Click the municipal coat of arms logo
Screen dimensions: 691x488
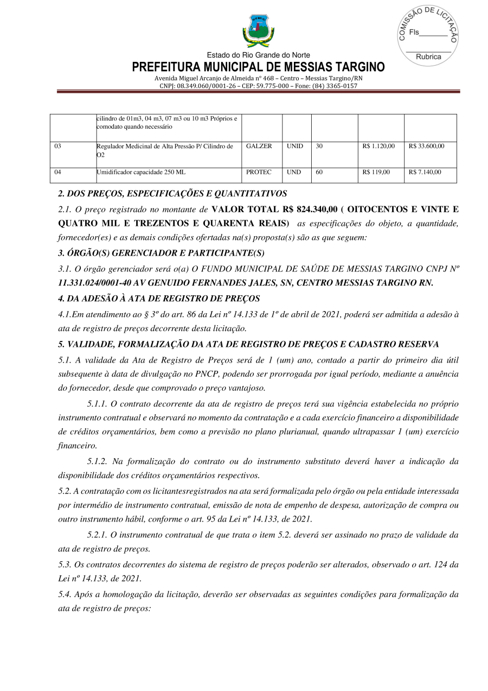258,31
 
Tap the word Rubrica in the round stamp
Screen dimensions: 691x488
428,56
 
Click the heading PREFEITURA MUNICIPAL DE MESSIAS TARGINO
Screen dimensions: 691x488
258,67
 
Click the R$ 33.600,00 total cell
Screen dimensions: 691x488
426,146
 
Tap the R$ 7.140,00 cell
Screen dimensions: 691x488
425,172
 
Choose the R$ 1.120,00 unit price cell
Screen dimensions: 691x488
378,146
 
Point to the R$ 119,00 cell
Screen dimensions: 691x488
376,172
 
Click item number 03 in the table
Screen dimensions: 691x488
58,146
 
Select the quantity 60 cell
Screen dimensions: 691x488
319,172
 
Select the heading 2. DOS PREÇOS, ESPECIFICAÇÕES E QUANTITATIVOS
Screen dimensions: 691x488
172,193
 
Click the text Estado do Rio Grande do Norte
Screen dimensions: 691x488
258,55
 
